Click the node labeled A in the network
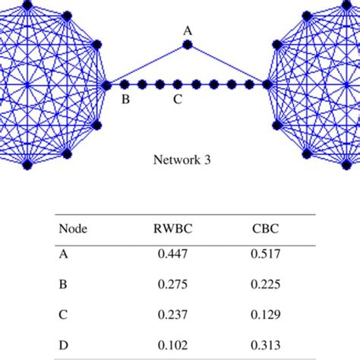(x=188, y=46)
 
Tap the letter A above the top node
(x=188, y=30)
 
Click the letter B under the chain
(x=126, y=99)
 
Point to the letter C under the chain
(x=177, y=99)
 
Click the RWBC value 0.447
(x=172, y=256)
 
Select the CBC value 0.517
(x=266, y=256)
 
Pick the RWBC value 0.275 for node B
(x=172, y=286)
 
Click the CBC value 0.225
(x=266, y=286)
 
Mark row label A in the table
(x=63, y=256)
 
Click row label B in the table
(x=63, y=286)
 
